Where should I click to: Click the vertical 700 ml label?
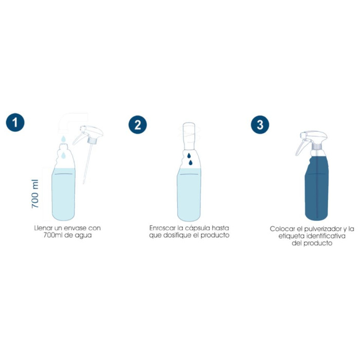(35, 193)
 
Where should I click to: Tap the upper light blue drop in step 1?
(61, 139)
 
